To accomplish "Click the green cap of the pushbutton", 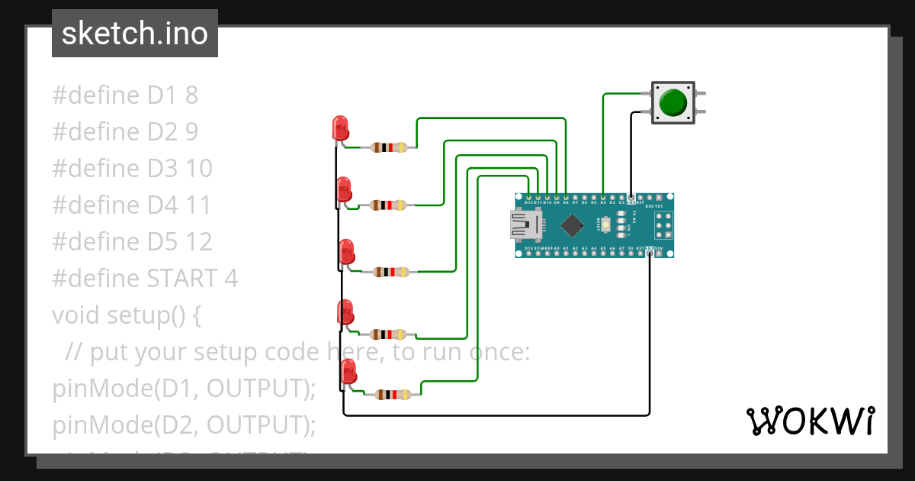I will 673,102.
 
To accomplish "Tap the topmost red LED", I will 340,128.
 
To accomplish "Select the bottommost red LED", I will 348,371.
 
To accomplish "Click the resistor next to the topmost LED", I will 389,147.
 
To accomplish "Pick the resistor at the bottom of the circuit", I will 393,395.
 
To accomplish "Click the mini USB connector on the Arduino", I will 525,224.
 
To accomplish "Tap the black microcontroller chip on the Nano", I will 571,225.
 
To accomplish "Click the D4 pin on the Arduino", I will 603,198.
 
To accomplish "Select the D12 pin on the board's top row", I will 529,198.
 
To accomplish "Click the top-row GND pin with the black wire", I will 631,198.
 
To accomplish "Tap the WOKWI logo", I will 810,421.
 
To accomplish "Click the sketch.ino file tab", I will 135,34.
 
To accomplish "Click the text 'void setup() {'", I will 127,315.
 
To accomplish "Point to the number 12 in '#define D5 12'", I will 199,242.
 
